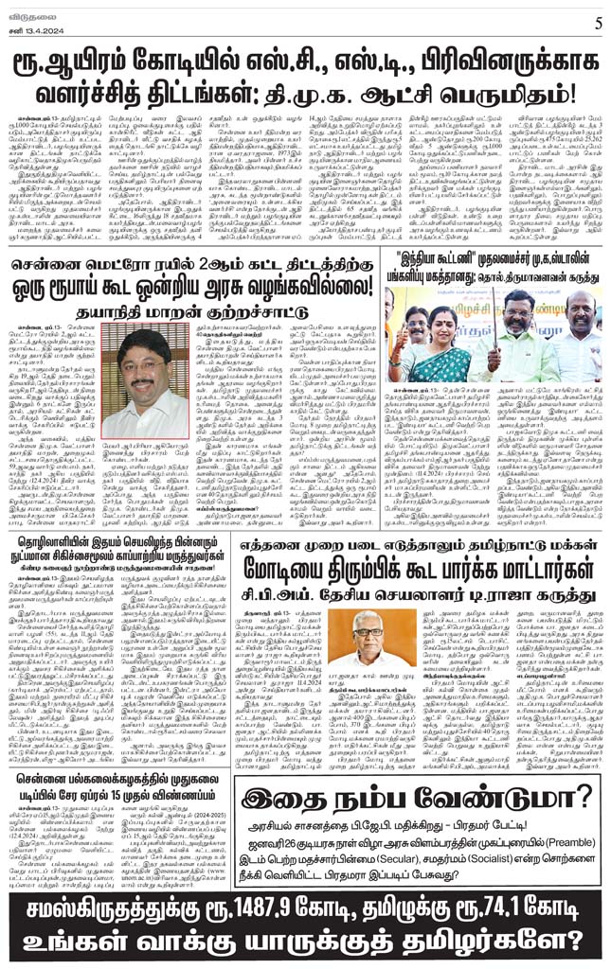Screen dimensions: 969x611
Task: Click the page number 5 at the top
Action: [595, 21]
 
